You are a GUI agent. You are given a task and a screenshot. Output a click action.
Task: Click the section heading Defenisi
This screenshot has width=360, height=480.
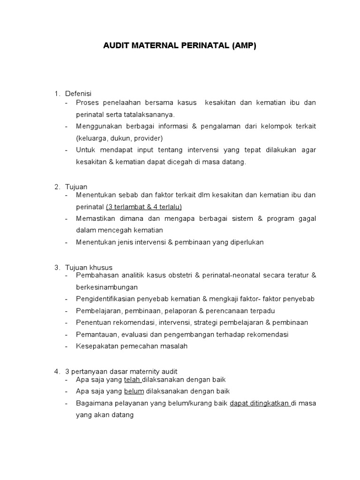pyautogui.click(x=78, y=94)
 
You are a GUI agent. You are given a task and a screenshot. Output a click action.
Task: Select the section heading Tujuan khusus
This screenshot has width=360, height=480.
pyautogui.click(x=89, y=267)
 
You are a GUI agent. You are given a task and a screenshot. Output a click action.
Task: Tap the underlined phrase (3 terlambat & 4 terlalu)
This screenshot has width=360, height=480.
pyautogui.click(x=144, y=206)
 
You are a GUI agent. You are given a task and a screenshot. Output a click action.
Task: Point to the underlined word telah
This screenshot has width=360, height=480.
pyautogui.click(x=133, y=379)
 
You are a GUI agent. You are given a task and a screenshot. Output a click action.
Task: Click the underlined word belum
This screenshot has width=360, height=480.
pyautogui.click(x=134, y=391)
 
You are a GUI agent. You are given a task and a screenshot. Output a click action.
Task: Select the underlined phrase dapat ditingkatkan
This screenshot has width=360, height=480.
pyautogui.click(x=260, y=403)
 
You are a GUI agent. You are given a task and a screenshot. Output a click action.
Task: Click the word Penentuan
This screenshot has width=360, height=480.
pyautogui.click(x=94, y=322)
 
